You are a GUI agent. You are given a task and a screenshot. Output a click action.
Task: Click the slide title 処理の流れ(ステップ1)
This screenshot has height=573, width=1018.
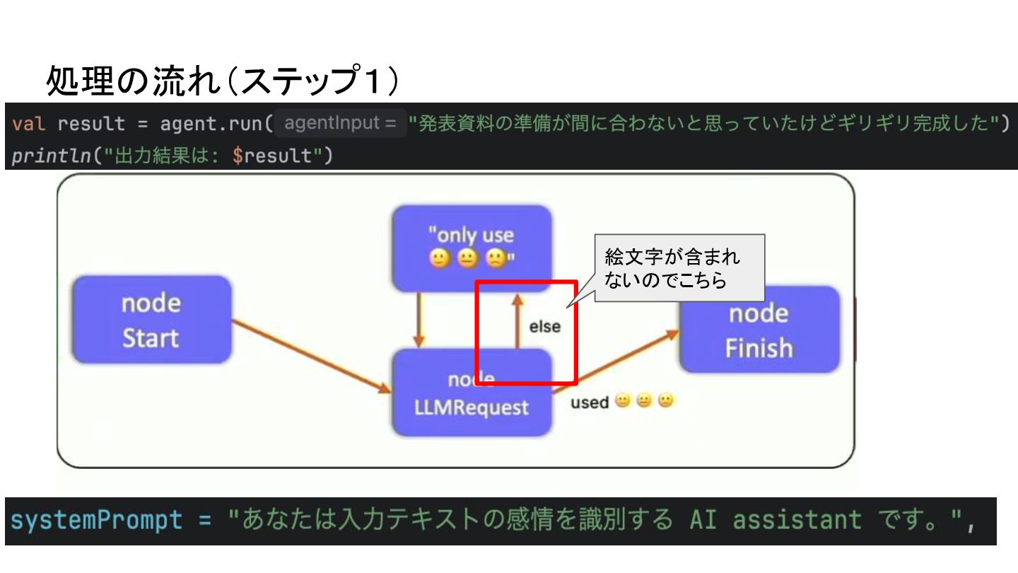(x=222, y=81)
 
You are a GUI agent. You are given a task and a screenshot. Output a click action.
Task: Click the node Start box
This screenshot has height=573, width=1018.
(x=151, y=320)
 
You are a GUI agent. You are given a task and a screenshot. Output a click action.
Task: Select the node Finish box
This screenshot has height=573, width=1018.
(x=759, y=330)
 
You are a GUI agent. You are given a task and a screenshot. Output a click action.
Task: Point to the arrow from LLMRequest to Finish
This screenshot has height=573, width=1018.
(x=615, y=361)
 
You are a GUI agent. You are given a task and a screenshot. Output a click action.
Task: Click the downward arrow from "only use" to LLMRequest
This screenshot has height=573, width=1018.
(x=419, y=319)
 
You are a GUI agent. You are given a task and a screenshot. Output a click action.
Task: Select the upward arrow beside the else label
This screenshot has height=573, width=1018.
(x=517, y=322)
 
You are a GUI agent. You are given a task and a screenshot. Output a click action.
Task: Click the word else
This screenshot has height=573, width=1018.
(x=544, y=327)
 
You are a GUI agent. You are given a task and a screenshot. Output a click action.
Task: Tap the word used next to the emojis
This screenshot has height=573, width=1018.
(x=590, y=403)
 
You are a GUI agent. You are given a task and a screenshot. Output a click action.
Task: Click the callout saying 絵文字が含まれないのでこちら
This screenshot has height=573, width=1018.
(x=679, y=268)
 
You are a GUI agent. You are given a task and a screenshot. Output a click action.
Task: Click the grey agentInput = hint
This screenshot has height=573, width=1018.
(x=340, y=123)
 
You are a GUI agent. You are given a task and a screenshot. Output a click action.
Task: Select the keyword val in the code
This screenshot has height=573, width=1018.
(x=29, y=124)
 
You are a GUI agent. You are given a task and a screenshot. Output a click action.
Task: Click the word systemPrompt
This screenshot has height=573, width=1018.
(x=96, y=521)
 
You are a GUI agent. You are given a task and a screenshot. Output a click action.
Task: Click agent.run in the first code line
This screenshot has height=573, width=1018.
(x=211, y=124)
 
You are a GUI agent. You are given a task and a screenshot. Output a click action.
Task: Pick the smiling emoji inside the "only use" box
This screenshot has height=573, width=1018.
(x=440, y=260)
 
